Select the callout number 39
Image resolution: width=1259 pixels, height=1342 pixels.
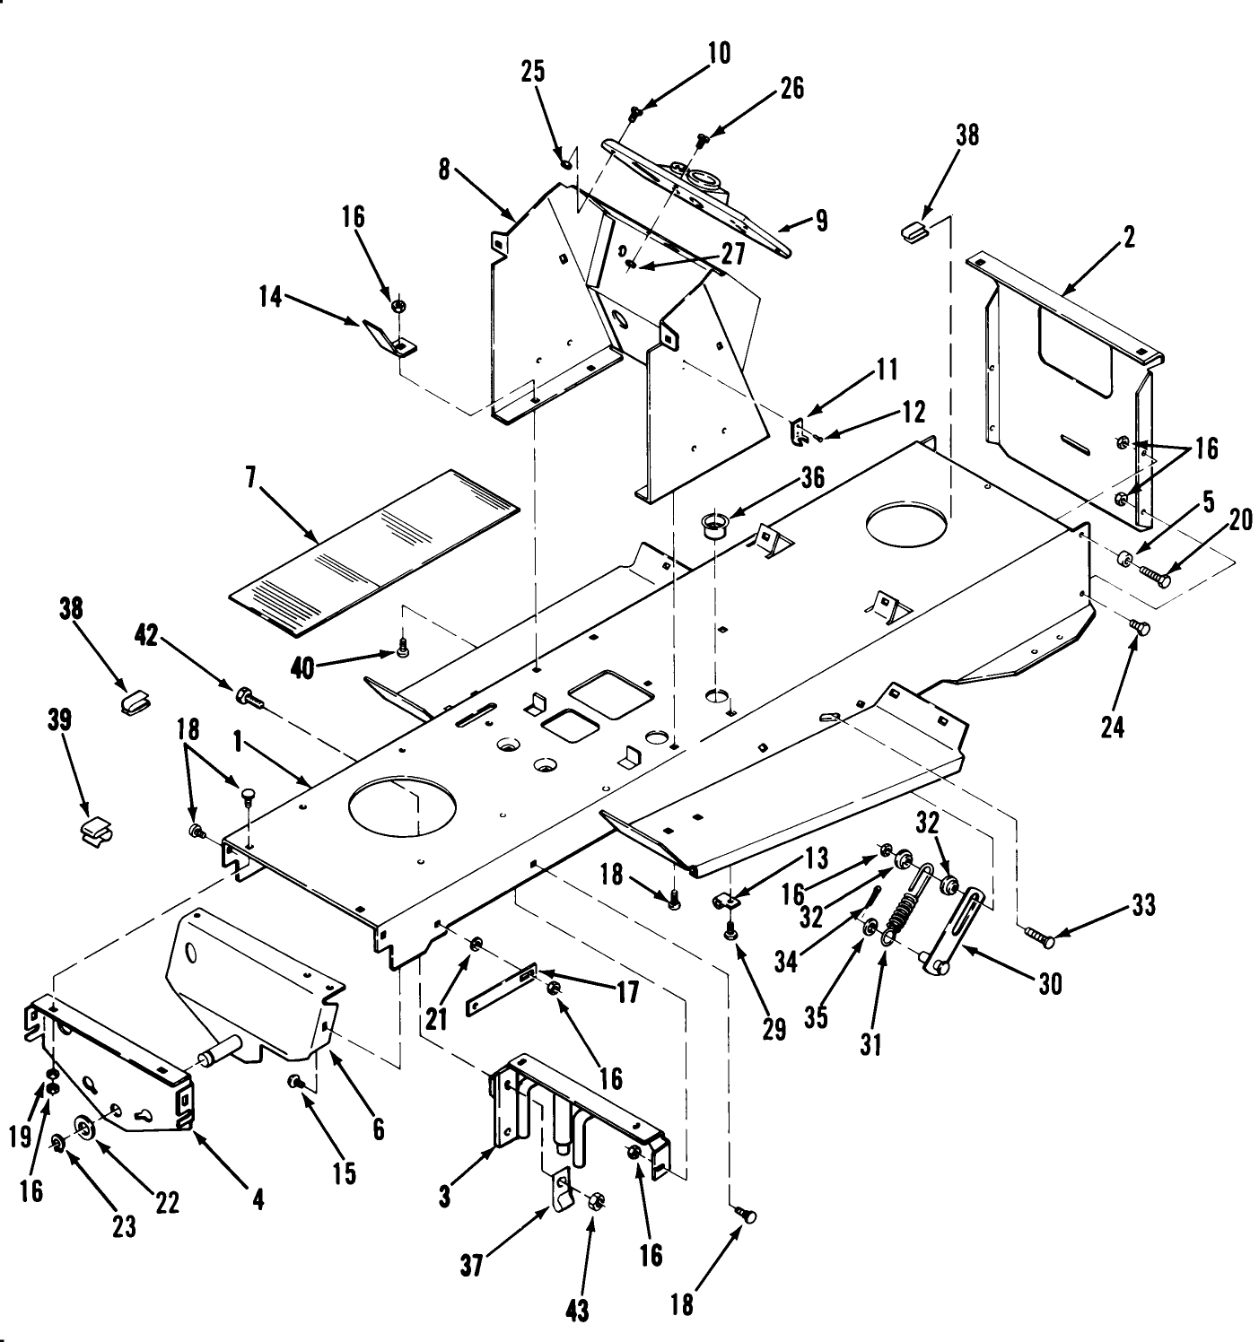point(60,720)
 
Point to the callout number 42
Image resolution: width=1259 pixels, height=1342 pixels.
point(146,636)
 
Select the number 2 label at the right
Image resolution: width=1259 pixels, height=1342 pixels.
point(1128,237)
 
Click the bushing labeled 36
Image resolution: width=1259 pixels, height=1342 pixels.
point(715,523)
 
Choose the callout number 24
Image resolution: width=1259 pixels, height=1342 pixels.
point(1113,726)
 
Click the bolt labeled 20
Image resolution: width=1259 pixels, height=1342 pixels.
point(1154,576)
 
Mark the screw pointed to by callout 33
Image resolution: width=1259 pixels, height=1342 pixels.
point(1039,938)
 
